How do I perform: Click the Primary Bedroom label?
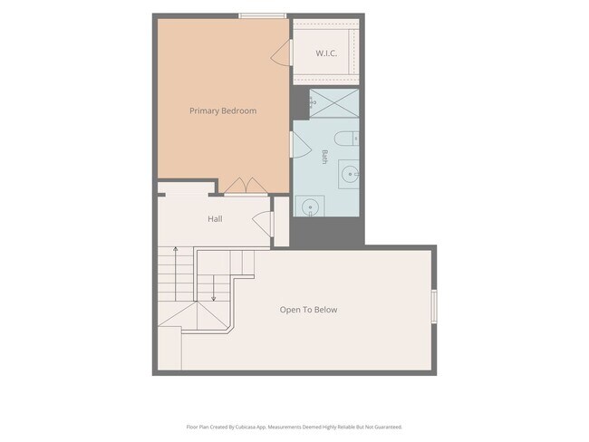[223, 110]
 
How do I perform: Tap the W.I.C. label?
[326, 53]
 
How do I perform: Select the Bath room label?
[324, 157]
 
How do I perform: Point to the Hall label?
[215, 219]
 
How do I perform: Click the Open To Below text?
[308, 310]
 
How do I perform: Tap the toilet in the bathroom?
[346, 139]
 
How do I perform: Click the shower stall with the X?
[334, 103]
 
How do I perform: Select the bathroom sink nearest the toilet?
[349, 174]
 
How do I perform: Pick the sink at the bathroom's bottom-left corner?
[310, 207]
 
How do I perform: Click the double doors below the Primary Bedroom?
[246, 186]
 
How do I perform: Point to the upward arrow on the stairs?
[176, 273]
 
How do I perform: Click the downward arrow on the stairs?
[213, 288]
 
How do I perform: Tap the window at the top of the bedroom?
[263, 15]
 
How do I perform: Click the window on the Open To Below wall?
[434, 306]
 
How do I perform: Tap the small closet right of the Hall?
[281, 222]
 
